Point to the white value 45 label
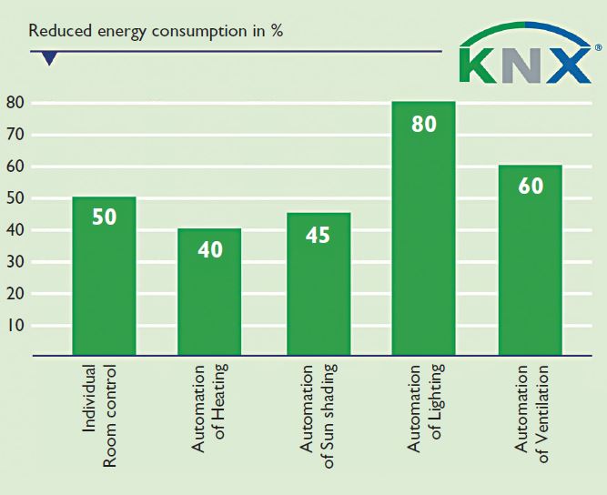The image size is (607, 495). [x=318, y=235]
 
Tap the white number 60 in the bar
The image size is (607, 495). [x=530, y=186]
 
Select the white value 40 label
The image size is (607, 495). [x=210, y=248]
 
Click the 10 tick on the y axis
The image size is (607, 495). [x=15, y=326]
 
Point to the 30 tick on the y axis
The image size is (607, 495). [x=15, y=262]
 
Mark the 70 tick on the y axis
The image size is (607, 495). [x=15, y=135]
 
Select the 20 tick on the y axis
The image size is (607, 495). [x=15, y=294]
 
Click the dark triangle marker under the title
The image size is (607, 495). [x=49, y=59]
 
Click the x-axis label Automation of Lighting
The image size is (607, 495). [x=424, y=414]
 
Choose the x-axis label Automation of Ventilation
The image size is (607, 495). [x=532, y=414]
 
